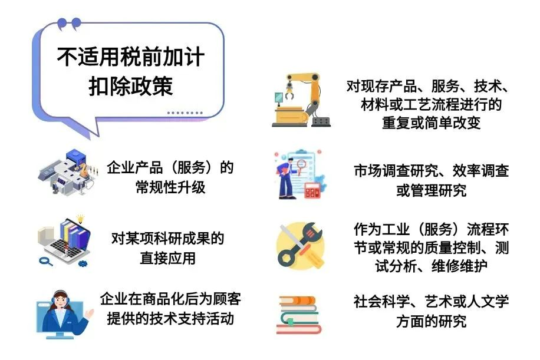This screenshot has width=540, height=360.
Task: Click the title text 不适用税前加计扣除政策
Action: click(x=131, y=71)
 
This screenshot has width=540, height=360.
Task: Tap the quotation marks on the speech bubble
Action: click(x=69, y=24)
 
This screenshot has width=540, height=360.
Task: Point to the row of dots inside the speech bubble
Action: click(x=185, y=113)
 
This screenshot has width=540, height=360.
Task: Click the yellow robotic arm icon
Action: click(x=301, y=100)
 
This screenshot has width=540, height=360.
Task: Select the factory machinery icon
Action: click(x=67, y=172)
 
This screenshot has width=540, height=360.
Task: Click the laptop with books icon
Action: click(x=65, y=242)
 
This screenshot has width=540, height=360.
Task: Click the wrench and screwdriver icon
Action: click(x=300, y=246)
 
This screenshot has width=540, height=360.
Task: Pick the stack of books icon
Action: click(x=298, y=315)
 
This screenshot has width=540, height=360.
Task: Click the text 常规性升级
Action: click(x=170, y=187)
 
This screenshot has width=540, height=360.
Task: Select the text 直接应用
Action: click(x=167, y=258)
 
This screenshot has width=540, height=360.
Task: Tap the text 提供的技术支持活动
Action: click(x=170, y=318)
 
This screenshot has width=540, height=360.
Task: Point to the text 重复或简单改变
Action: click(x=431, y=123)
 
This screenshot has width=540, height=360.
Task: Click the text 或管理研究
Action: click(x=431, y=190)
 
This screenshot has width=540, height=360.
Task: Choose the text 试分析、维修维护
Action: click(x=431, y=266)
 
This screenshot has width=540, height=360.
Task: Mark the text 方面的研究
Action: click(x=431, y=321)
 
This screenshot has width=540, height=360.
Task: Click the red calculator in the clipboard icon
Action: click(x=312, y=190)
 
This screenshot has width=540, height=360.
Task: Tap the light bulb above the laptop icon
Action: click(x=80, y=219)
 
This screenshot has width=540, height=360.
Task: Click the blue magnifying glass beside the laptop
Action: click(x=45, y=261)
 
